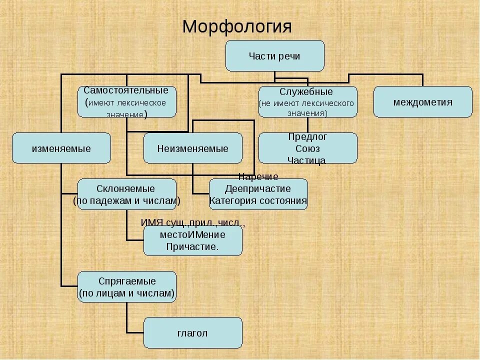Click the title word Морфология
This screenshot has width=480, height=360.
pos(236,26)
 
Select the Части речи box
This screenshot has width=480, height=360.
pos(274,56)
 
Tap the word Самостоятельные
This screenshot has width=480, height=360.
pos(126,91)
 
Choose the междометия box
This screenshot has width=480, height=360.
pos(422,102)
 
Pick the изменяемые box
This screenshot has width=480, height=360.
pos(61,148)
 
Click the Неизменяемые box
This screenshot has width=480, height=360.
pos(192,148)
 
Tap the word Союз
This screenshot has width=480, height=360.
pos(307,148)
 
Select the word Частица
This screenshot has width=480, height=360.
pos(306,160)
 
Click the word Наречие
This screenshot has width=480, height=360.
pos(258,176)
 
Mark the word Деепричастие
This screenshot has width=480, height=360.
pos(258,188)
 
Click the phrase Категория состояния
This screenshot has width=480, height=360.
pos(258,200)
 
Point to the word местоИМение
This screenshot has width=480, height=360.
pos(192,234)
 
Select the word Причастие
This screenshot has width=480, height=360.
pos(192,246)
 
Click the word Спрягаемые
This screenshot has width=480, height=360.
pos(126,281)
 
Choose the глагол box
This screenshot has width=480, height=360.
pos(192,333)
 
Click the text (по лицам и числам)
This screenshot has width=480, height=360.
pos(126,293)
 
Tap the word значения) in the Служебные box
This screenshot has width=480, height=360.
pos(307,113)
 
